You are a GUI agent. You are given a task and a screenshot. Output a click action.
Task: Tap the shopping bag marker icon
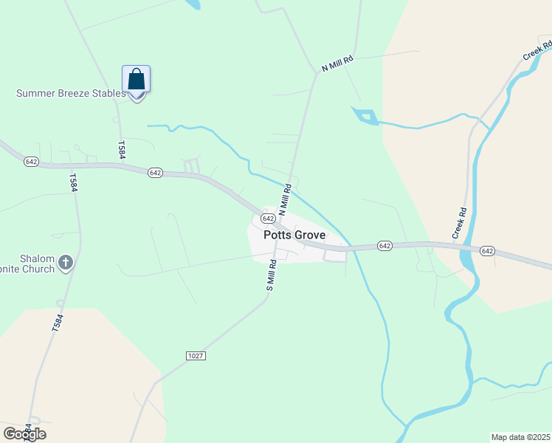136,80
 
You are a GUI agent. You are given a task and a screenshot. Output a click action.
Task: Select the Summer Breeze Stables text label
71,94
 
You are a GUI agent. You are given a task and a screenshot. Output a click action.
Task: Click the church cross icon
66,262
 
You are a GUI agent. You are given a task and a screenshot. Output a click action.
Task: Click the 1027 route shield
196,356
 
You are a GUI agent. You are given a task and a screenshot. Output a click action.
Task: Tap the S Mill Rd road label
271,274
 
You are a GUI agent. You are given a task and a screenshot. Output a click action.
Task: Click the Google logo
24,433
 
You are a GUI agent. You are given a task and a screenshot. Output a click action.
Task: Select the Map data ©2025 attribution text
521,437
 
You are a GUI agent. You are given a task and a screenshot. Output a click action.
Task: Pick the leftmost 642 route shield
30,161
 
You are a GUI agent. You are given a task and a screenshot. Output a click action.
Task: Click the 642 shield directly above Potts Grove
268,219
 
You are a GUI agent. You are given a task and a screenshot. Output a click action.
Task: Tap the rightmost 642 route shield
487,251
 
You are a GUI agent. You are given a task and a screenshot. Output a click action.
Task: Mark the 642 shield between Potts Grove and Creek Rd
384,245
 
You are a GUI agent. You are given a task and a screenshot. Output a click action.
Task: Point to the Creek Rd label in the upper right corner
537,51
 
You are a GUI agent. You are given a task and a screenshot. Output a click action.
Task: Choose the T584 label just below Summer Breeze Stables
120,148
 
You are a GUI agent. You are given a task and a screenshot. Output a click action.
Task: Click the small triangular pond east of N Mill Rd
367,116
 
